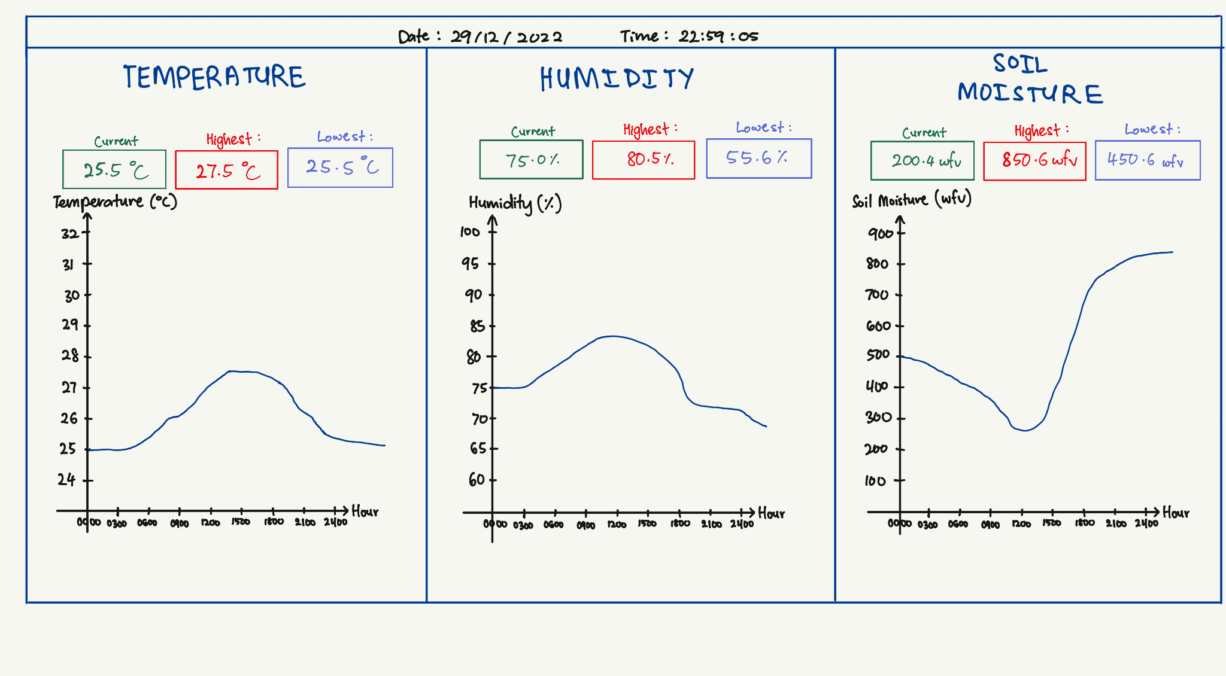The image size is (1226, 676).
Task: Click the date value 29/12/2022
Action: [x=506, y=37]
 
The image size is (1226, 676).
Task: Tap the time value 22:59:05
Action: [x=718, y=36]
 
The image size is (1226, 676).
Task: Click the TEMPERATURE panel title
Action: [x=214, y=77]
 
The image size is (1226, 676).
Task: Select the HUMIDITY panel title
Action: [x=617, y=79]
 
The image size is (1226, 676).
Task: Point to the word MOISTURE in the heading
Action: [x=1030, y=94]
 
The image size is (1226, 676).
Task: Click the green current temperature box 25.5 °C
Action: [x=114, y=169]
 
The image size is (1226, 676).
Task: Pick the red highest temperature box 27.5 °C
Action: [x=226, y=170]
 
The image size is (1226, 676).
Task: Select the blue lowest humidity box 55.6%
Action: [x=758, y=159]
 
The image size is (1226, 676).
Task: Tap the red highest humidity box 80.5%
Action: [x=644, y=160]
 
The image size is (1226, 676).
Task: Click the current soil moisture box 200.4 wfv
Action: [x=922, y=160]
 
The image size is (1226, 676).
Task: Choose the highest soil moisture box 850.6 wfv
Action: [x=1034, y=161]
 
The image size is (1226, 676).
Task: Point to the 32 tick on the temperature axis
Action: [x=69, y=233]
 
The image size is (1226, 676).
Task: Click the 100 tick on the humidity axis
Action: [x=470, y=232]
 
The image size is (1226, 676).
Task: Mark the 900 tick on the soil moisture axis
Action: [x=880, y=233]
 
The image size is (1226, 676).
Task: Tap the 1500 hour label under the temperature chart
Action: [x=241, y=522]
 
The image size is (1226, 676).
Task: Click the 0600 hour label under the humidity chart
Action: [x=553, y=525]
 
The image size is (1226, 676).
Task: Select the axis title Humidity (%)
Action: [x=515, y=203]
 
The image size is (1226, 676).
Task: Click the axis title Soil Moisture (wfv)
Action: [x=911, y=200]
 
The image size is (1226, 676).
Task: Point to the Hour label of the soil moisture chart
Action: [x=1176, y=513]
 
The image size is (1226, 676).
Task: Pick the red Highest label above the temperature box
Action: [x=229, y=139]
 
